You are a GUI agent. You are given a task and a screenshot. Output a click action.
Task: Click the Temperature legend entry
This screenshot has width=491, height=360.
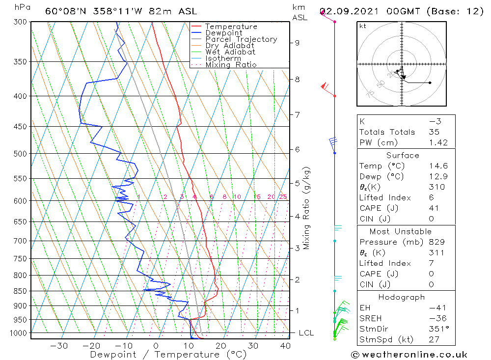pos(231,27)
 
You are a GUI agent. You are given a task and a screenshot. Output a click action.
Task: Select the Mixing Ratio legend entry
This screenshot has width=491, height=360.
pos(231,64)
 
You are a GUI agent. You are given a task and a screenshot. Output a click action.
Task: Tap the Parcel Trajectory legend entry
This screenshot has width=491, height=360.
pos(241,39)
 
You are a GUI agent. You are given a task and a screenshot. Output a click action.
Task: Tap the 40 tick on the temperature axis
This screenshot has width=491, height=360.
pos(285,345)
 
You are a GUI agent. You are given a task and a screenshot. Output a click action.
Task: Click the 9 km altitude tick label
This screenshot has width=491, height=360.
pos(297,43)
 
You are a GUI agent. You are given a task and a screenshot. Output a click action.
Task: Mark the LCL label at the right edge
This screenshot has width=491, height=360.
pos(306,333)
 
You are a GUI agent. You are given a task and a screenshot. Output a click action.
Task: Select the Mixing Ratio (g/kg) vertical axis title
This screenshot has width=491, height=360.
pos(306,208)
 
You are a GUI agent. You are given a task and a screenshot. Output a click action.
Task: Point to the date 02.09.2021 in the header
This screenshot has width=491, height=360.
pos(350,11)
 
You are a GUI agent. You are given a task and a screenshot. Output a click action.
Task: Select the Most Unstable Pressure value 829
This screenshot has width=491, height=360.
pos(436,242)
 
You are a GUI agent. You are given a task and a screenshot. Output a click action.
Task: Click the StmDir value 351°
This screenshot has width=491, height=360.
pos(436,329)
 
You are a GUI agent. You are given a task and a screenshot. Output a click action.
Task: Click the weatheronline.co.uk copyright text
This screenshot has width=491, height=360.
pos(409,354)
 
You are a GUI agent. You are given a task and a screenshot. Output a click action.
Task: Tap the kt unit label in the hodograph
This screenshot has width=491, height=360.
pos(363,26)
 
